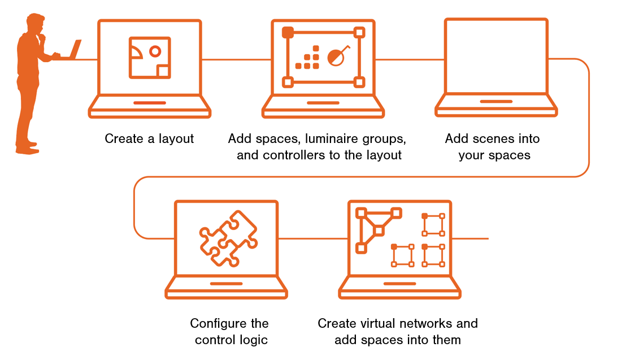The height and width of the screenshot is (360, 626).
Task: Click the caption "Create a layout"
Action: [x=149, y=138]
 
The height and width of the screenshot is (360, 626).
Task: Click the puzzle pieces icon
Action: [x=228, y=238]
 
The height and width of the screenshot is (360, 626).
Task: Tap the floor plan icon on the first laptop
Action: [x=150, y=57]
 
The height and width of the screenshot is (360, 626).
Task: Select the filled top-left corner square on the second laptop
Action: [x=288, y=32]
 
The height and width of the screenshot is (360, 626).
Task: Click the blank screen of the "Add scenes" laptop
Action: [x=495, y=56]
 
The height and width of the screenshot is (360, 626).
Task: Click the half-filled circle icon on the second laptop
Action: [x=337, y=56]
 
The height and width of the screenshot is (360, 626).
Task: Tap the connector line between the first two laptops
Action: [x=236, y=59]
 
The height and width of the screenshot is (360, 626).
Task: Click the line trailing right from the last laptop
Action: [x=471, y=238]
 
